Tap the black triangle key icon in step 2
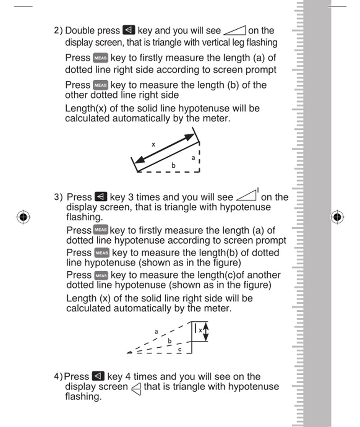point(128,31)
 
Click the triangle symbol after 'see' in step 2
point(234,31)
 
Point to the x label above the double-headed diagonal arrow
point(153,145)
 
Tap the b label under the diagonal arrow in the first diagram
point(173,165)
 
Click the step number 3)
point(58,197)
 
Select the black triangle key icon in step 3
point(100,197)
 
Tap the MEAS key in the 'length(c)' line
point(101,275)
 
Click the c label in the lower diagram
point(180,349)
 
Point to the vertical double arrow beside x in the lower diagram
point(207,332)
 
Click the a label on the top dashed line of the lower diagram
point(156,332)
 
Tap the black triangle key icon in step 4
point(98,376)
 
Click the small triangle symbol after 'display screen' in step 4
point(136,388)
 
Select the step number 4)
point(58,377)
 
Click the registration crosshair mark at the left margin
point(23,217)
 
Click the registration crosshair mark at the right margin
point(337,217)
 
